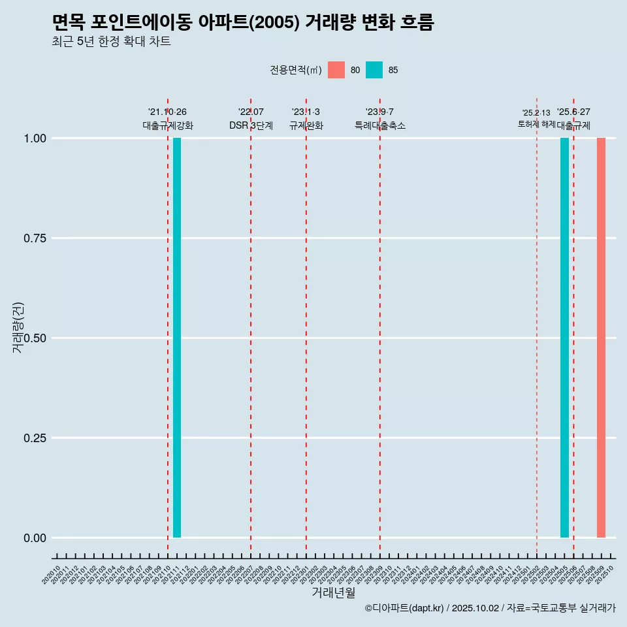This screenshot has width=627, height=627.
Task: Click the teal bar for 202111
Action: click(x=177, y=338)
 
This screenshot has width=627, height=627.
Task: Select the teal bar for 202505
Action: click(x=564, y=338)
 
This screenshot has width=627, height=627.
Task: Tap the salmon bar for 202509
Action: click(x=601, y=338)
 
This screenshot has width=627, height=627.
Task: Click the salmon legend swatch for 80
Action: click(x=336, y=70)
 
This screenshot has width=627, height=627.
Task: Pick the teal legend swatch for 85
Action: click(x=374, y=70)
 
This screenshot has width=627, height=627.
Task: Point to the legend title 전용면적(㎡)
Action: click(x=295, y=70)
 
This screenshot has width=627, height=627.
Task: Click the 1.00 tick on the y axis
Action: click(x=35, y=138)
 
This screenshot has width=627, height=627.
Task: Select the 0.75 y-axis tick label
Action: click(x=35, y=238)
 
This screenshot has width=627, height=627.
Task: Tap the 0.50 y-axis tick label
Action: click(x=35, y=338)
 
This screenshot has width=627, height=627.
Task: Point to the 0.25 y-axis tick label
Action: click(x=35, y=438)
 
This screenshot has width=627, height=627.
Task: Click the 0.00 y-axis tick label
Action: click(x=35, y=538)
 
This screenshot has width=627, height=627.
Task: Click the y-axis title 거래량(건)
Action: click(x=18, y=328)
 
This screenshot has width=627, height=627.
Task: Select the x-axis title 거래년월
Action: click(x=333, y=592)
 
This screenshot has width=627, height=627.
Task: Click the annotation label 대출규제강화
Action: click(x=168, y=125)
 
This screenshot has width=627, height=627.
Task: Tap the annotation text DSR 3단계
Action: click(x=251, y=125)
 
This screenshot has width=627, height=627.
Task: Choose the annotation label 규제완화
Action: click(x=306, y=125)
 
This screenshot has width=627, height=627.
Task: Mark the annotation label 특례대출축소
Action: click(x=380, y=125)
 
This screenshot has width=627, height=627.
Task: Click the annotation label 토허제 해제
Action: click(x=536, y=123)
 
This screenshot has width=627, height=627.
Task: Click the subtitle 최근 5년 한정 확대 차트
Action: click(x=111, y=42)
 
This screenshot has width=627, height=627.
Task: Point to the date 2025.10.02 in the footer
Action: click(x=475, y=609)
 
